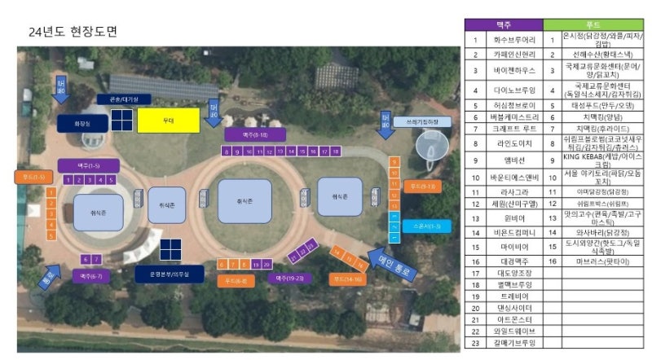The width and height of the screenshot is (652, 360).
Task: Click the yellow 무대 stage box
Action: pos(168,121)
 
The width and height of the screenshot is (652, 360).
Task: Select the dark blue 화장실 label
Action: pos(80,122)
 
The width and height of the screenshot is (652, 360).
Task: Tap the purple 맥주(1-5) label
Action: pos(83,165)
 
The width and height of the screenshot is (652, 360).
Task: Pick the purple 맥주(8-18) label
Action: pos(255,134)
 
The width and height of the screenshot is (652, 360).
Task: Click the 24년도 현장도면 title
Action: pos(73,32)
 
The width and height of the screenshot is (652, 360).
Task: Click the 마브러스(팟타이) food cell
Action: pos(602,261)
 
